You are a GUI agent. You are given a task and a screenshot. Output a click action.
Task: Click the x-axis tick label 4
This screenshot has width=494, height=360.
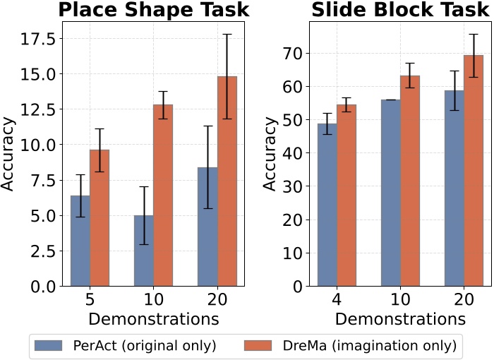[x=337, y=301]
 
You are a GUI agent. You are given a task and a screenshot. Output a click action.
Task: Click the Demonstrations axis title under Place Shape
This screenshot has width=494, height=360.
[x=153, y=319]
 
